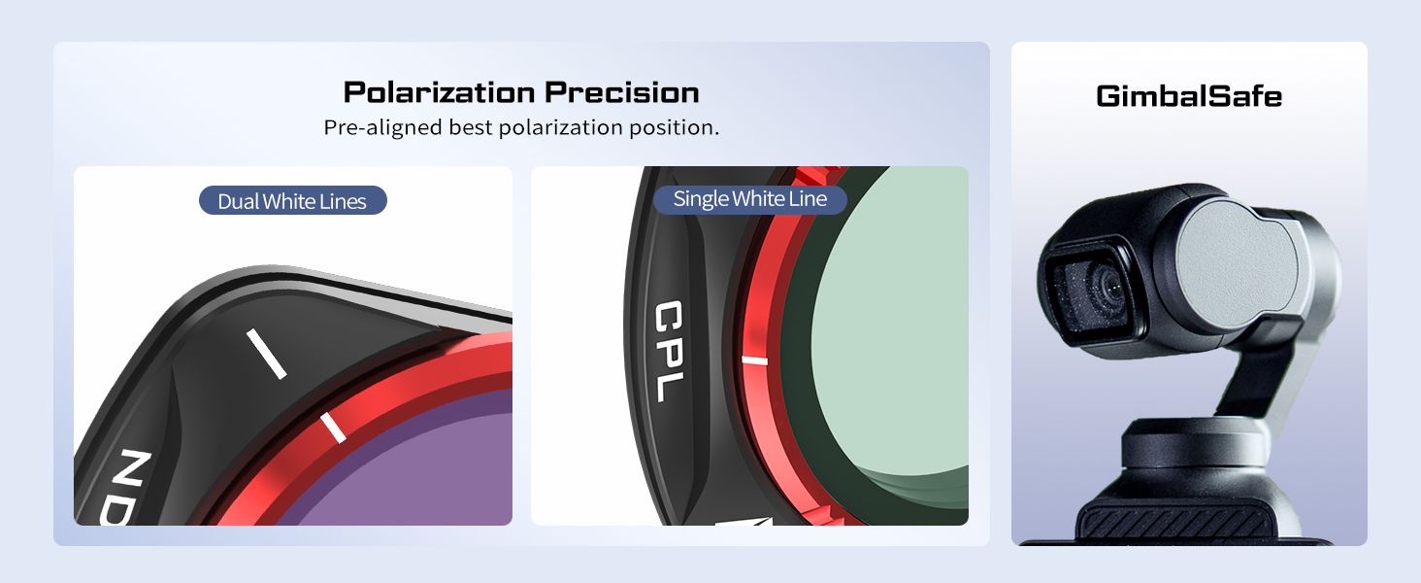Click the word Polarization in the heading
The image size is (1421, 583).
tap(441, 92)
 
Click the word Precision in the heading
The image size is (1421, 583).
tap(622, 92)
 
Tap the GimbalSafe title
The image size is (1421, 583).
tap(1189, 96)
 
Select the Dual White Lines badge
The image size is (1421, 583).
tap(292, 201)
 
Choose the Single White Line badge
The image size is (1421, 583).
tap(750, 199)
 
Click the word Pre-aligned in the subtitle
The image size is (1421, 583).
tap(382, 127)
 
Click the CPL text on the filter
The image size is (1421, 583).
tap(670, 351)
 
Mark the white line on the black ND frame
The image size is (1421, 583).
tap(266, 354)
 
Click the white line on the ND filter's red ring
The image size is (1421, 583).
tap(333, 428)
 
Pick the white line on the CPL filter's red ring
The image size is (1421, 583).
tap(755, 360)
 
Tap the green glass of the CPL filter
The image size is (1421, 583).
tap(888, 330)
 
